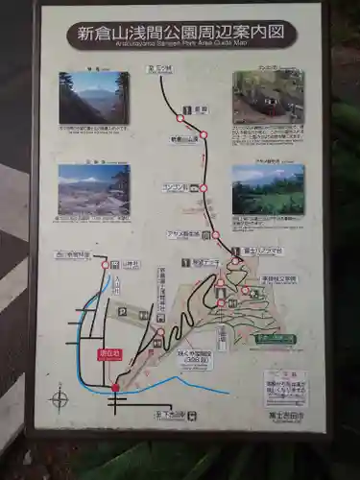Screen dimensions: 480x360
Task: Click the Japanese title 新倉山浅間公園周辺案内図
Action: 181,33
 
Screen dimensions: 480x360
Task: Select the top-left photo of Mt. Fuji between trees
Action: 93,97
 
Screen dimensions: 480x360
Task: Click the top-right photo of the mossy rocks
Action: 268,95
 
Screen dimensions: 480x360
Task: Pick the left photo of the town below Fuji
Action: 93,189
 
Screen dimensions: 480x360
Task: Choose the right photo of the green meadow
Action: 268,189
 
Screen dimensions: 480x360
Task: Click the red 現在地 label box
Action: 110,354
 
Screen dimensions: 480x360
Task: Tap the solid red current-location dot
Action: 115,388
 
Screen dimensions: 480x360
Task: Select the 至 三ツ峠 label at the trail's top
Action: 159,70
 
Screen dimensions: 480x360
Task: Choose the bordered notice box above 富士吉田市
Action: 286,388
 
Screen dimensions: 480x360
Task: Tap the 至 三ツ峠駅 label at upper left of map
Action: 72,255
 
